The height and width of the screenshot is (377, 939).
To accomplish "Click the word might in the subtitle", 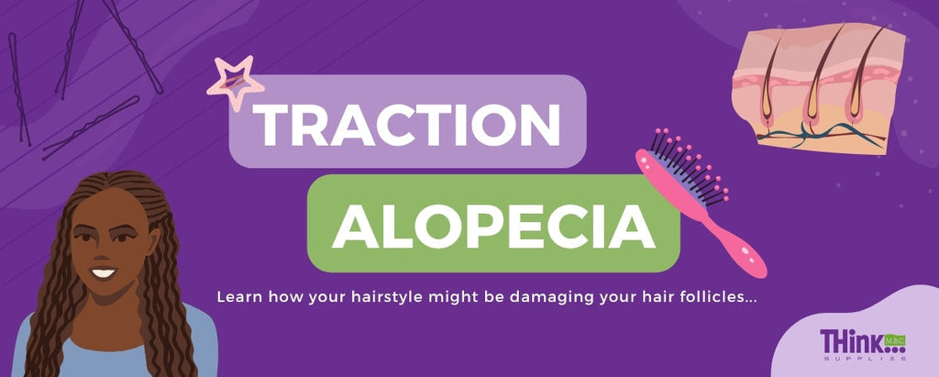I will click(462, 298).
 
